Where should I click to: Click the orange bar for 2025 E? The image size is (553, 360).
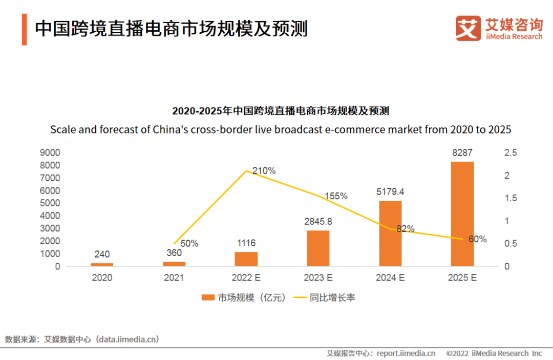coord(462,214)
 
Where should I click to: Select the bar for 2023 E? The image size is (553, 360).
coord(318,248)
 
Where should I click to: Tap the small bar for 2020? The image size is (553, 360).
coord(102,265)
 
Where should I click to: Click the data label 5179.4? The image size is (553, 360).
coord(390,192)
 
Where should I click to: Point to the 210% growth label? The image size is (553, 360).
coord(264,171)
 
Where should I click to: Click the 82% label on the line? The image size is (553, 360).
coord(406,229)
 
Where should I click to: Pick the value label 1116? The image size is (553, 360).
coord(246,243)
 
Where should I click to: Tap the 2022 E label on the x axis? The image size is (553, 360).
coord(246,278)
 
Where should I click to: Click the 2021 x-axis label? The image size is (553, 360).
coord(174,278)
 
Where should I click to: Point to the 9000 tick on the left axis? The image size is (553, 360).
coord(50,153)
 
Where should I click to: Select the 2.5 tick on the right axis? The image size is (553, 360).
coord(511,153)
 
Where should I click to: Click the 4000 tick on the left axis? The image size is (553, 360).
coord(50,216)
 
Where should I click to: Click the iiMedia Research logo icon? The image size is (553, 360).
coord(468,28)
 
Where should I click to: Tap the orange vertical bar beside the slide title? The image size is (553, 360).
coord(24,30)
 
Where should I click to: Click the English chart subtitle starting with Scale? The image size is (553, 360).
coord(281,129)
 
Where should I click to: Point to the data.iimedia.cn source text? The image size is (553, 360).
coord(129,339)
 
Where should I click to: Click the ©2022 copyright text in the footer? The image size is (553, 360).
coord(494,353)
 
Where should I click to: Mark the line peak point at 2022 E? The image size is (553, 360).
coord(246,171)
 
